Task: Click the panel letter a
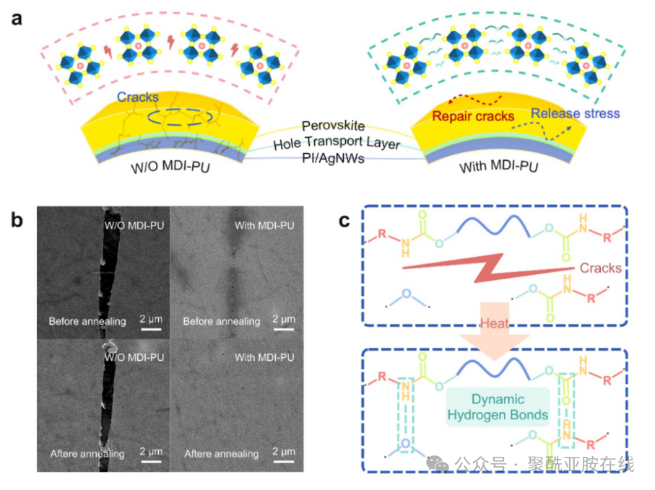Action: pyautogui.click(x=16, y=19)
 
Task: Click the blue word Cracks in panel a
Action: pyautogui.click(x=138, y=97)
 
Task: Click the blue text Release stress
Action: pyautogui.click(x=575, y=113)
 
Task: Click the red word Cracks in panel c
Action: pyautogui.click(x=600, y=268)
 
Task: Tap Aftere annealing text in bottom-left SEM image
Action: pyautogui.click(x=87, y=454)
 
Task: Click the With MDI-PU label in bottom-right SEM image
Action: pyautogui.click(x=264, y=356)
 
